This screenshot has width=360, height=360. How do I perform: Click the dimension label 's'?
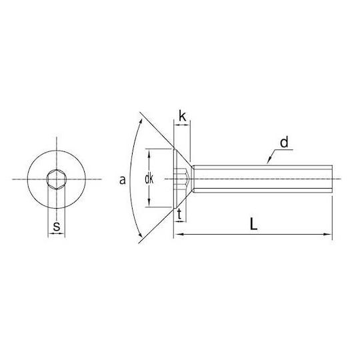click(x=57, y=227)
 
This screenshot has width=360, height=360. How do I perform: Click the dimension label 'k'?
click(x=182, y=116)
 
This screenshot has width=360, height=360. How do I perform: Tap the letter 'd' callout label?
click(x=284, y=143)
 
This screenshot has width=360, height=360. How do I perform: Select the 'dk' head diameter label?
click(x=149, y=179)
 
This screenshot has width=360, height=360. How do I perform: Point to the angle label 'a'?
click(x=123, y=180)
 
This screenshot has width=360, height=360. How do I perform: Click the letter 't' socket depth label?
click(x=179, y=215)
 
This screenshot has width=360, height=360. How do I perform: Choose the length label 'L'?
click(x=253, y=224)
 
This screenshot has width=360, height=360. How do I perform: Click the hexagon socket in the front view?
click(x=57, y=179)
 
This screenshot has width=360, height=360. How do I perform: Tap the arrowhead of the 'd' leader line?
click(x=269, y=161)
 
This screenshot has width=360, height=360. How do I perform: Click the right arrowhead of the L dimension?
click(x=328, y=234)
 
